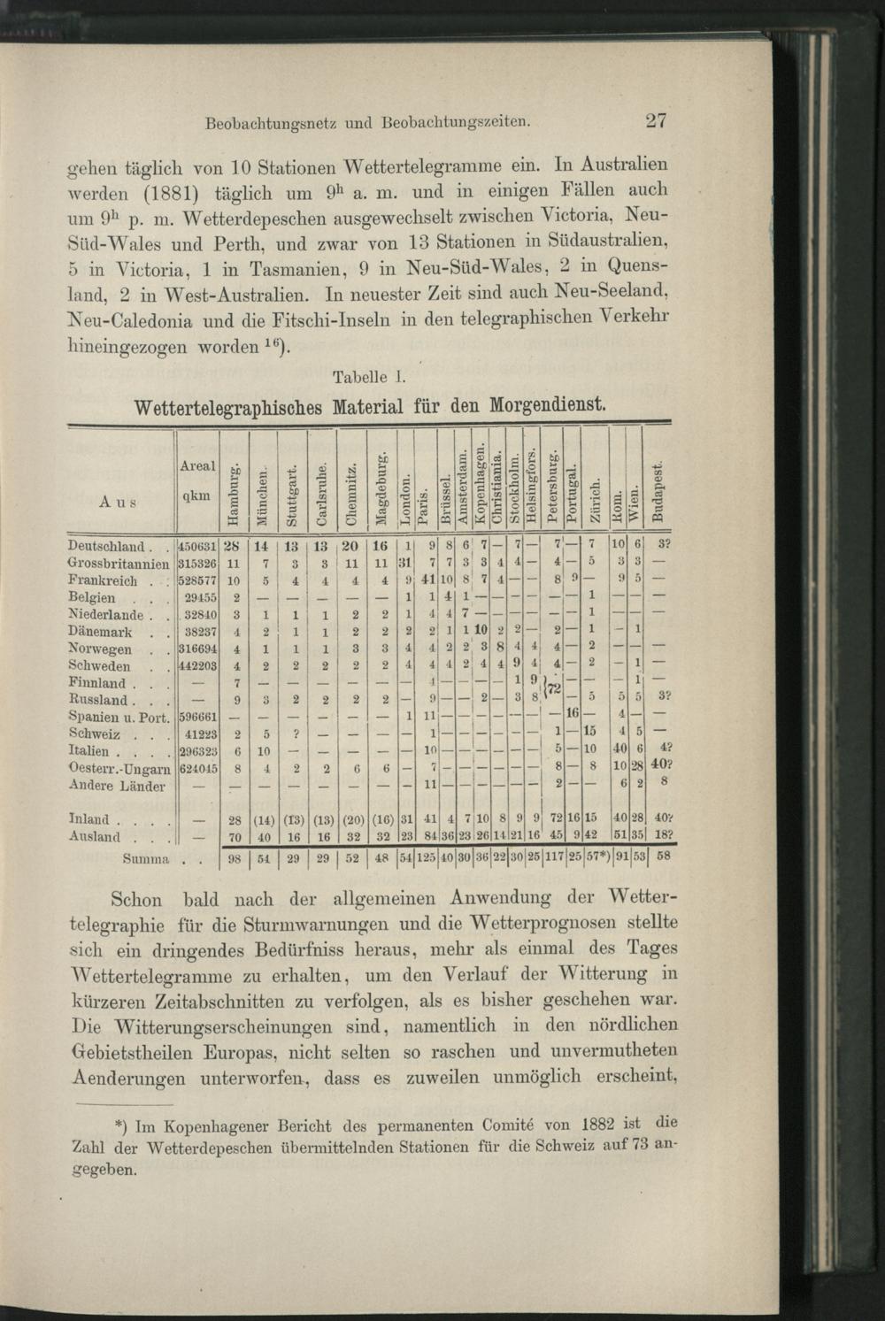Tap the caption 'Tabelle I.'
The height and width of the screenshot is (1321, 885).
click(369, 376)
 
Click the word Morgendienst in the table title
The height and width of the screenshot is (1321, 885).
click(542, 407)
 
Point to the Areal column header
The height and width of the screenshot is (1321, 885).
click(197, 465)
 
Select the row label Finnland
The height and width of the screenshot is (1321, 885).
click(97, 683)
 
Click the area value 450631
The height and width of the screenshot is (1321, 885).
click(198, 546)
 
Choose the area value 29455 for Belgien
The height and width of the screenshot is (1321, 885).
click(201, 597)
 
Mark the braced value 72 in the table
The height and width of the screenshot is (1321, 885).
click(557, 689)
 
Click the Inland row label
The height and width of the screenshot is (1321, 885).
click(92, 820)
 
